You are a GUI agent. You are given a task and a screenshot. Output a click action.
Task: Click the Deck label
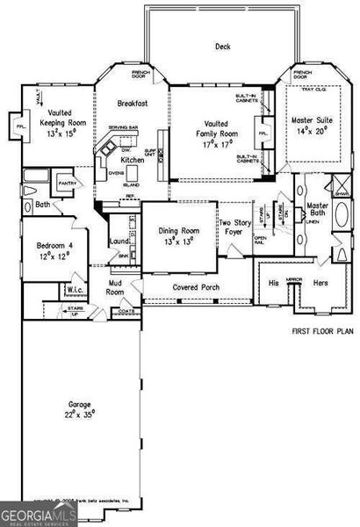coord(223,47)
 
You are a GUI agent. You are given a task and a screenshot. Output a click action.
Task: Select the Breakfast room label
coord(133,104)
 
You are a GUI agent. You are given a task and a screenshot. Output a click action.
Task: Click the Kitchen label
coord(133,161)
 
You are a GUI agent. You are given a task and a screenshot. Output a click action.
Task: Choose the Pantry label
coord(68,184)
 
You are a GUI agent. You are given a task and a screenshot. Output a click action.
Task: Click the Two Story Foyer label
coord(235,227)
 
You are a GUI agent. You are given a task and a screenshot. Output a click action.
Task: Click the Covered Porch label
coord(196,287)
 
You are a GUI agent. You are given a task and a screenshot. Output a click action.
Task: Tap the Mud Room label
coord(116,287)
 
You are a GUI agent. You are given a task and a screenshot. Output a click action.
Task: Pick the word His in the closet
coord(273,284)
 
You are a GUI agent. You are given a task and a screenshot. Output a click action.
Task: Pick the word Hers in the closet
coord(319,284)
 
